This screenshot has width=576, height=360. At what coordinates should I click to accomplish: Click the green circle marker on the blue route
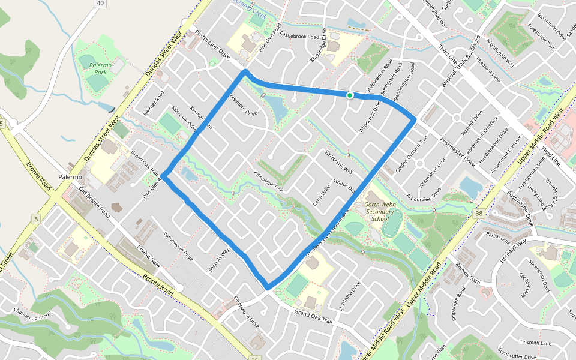point(349,95)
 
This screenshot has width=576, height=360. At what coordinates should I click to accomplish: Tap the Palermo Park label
point(92,68)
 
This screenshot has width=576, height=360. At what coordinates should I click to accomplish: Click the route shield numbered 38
point(478,214)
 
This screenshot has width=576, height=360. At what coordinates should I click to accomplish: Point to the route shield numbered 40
point(100,4)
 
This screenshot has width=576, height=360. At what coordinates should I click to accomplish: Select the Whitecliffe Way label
point(338,161)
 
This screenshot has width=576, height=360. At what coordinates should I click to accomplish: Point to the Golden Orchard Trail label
point(412,152)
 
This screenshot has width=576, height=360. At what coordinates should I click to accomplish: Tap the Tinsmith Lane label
point(536,343)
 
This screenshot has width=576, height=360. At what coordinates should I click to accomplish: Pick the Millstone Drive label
point(185,118)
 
